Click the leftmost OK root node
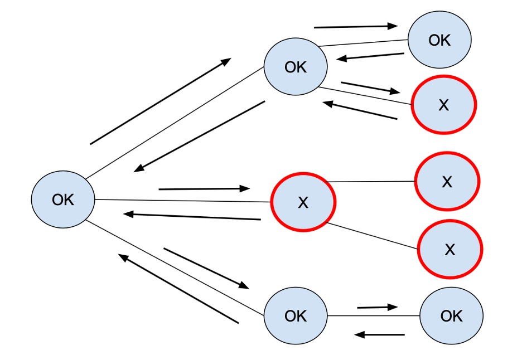[62, 200]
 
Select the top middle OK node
[295, 67]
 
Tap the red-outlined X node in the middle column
[303, 202]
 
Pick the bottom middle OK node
[295, 316]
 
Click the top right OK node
[439, 40]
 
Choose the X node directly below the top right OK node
[443, 105]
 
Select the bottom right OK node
[451, 316]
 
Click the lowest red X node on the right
[450, 249]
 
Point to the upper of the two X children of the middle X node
[447, 182]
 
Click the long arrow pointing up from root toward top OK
[160, 101]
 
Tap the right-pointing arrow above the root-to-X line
[204, 189]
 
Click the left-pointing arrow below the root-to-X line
[192, 216]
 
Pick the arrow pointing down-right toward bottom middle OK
[206, 268]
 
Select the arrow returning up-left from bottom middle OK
[178, 289]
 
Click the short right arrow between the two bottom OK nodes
[377, 307]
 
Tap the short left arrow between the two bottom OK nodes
[379, 334]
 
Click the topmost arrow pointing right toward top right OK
[356, 26]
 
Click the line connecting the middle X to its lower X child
[372, 236]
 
